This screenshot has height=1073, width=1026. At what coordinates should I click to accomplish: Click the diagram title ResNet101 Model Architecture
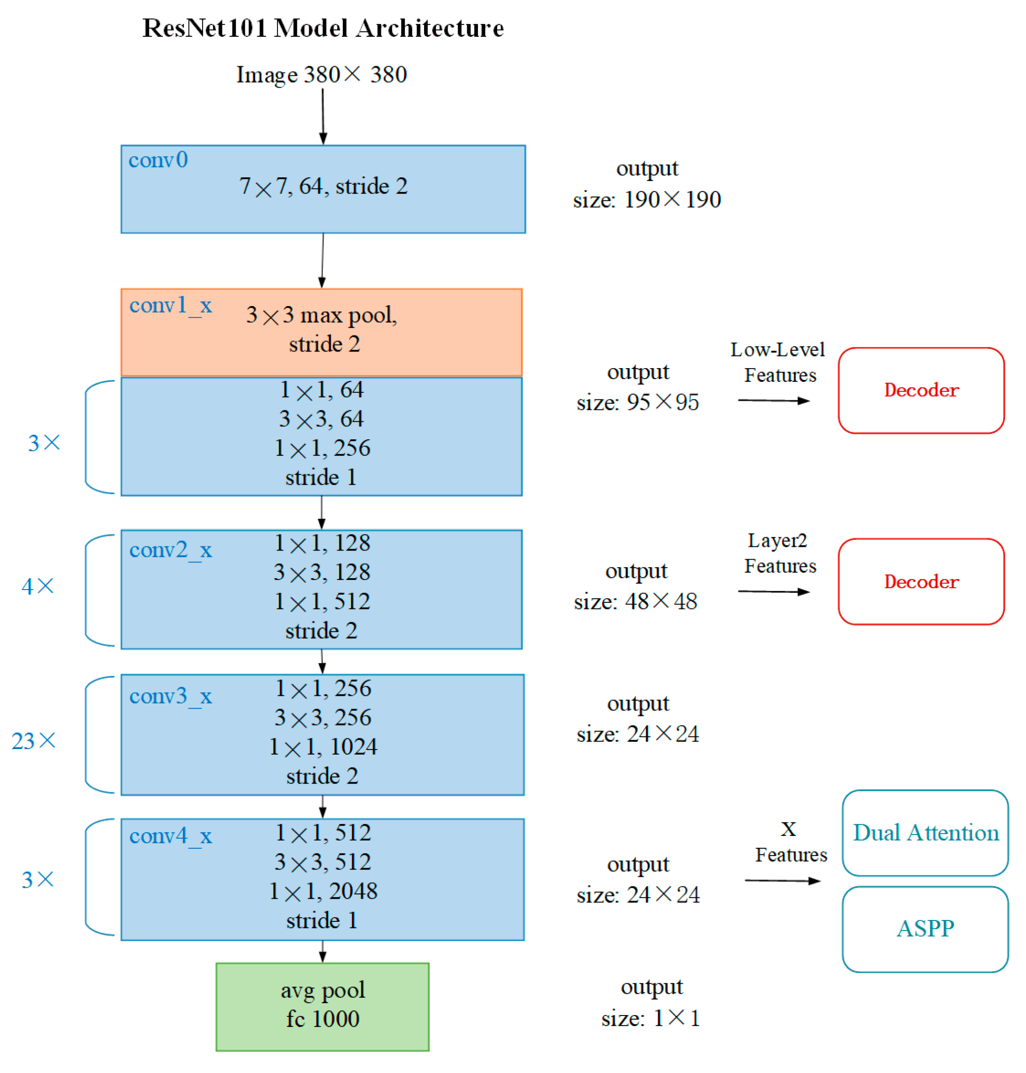[323, 28]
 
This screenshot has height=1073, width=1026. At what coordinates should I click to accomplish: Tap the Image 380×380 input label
[322, 74]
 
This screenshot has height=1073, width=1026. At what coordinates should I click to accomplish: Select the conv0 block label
[158, 160]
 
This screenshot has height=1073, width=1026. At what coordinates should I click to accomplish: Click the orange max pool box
[322, 331]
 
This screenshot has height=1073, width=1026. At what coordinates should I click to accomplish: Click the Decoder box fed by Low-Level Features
[921, 390]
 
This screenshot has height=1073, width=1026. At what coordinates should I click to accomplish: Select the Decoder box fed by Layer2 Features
[921, 581]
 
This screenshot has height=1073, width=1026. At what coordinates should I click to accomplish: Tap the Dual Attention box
[925, 832]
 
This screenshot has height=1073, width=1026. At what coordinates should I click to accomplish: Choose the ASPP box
[925, 929]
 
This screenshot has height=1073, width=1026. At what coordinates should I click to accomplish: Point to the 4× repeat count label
[37, 586]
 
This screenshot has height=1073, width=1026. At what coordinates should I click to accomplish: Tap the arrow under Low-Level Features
[773, 400]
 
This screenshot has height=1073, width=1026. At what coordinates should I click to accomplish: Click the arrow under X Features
[782, 880]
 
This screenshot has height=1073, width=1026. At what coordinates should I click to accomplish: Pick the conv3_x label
[170, 696]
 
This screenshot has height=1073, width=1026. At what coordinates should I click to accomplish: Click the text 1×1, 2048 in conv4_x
[323, 891]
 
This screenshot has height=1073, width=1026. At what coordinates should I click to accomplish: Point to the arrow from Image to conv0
[323, 116]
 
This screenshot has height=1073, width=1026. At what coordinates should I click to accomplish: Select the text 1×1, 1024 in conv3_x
[323, 747]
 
